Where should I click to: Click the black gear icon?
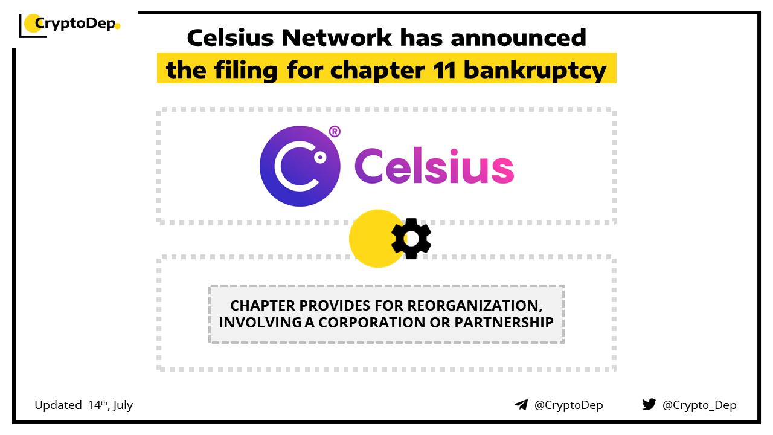pos(411,239)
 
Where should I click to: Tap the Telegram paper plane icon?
pos(521,405)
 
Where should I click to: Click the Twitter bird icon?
pos(649,404)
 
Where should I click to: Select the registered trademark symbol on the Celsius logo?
pos(335,131)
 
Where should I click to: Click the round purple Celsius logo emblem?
pos(300,166)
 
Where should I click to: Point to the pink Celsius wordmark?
pos(434,166)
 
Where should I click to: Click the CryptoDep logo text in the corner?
pos(75,24)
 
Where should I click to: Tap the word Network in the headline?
pos(336,37)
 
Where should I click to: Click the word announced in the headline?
pos(518,37)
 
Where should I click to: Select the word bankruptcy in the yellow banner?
pos(535,71)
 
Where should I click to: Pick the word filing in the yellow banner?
pos(246,71)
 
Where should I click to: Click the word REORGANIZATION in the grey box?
pos(475,306)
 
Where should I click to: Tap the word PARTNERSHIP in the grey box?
pos(504,323)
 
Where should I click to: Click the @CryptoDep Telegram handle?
pos(569,405)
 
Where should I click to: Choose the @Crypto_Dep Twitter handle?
pos(699,405)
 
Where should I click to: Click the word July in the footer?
pos(123,405)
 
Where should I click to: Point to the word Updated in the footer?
pos(58,405)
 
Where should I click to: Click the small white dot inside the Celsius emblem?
pos(320,158)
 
